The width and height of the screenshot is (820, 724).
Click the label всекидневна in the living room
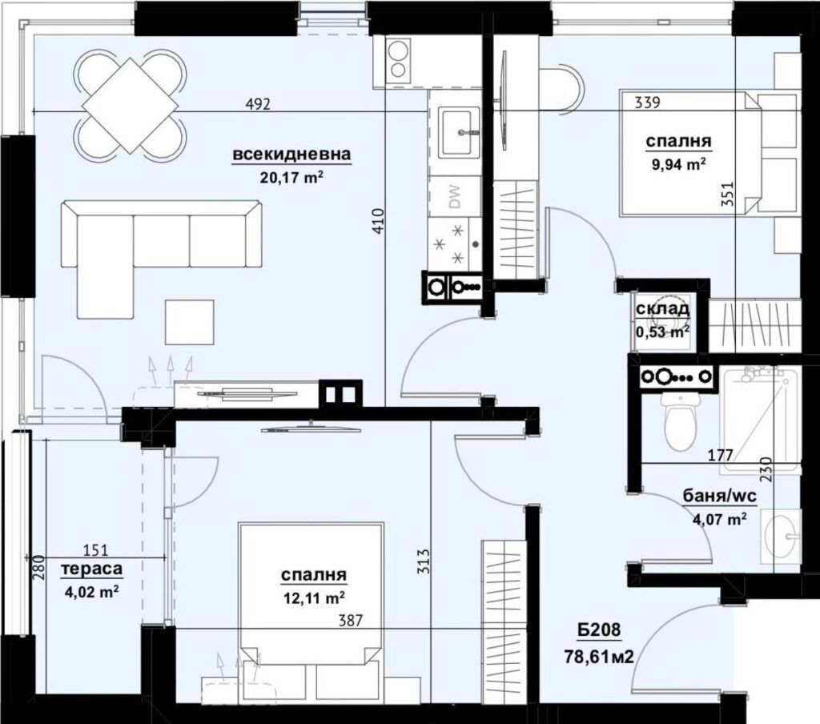[292, 155]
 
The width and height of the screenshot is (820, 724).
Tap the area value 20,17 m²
[292, 178]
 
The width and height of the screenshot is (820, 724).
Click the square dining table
[131, 104]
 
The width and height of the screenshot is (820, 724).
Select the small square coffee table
[189, 322]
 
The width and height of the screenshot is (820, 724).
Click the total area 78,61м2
[599, 657]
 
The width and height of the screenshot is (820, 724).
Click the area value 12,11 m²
[313, 597]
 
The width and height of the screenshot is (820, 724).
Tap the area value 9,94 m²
[679, 165]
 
